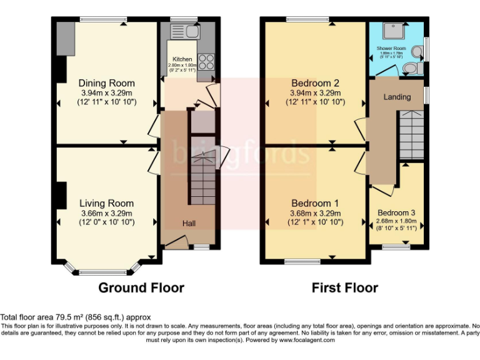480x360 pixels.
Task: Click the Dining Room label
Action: point(106,83)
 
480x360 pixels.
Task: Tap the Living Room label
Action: point(106,203)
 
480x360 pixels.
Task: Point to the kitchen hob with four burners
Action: point(206,63)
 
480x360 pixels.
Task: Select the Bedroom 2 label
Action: point(315,83)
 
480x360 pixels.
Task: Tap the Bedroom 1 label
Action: point(315,203)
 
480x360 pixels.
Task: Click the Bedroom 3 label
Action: point(396,212)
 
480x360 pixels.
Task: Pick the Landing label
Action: point(397,97)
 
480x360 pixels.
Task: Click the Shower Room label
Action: point(391,48)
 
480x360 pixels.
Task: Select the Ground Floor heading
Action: point(141,288)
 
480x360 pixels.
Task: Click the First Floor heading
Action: point(345,288)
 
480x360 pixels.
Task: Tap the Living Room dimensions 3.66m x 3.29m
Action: point(106,213)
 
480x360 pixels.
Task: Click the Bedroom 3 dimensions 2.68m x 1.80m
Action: point(396,221)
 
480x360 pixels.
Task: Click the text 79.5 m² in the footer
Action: point(66,317)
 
